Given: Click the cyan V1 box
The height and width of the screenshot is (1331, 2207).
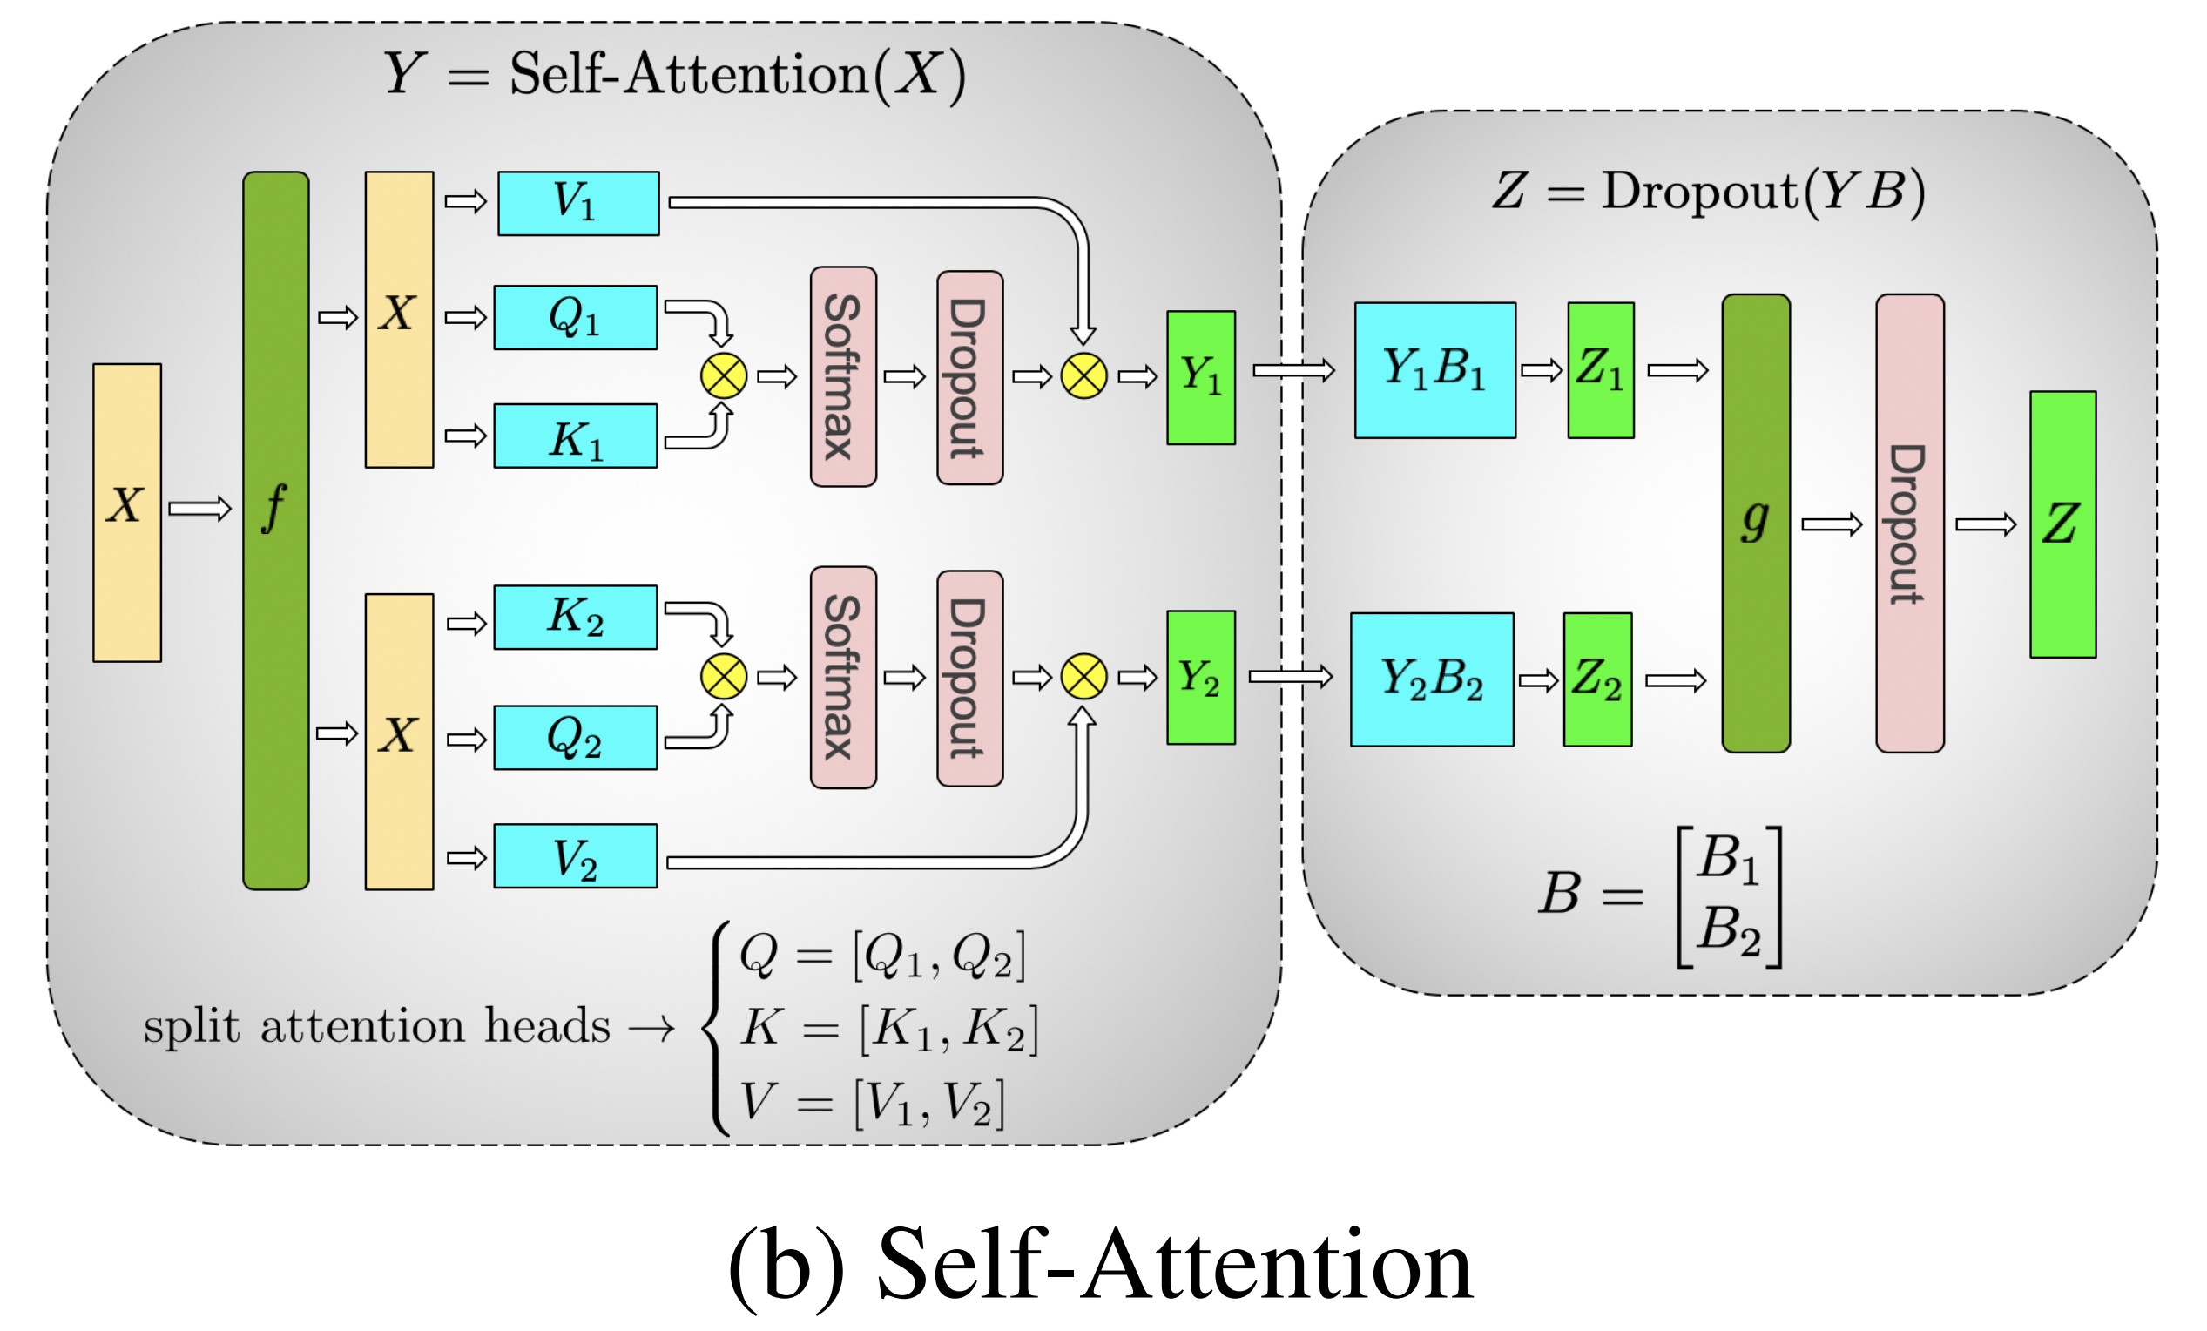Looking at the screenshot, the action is pos(578,203).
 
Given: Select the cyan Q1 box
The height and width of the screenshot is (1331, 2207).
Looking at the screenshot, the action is pos(575,317).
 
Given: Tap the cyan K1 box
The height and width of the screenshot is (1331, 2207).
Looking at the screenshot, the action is pos(575,436).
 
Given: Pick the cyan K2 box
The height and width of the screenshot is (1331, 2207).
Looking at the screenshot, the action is pos(575,617).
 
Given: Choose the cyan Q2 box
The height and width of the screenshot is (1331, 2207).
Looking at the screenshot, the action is pos(575,737).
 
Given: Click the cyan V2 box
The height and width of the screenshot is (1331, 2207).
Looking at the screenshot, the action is pos(575,856).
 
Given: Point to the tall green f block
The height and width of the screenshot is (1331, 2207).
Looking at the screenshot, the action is pos(276,530).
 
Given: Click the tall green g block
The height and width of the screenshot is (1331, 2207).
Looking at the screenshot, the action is pos(1757,524).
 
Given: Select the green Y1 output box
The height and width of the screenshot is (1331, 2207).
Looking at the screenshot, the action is pos(1201,377).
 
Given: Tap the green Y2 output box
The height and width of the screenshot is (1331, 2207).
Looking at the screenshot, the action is pos(1201,677).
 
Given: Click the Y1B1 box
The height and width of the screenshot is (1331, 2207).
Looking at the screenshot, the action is pos(1435,370).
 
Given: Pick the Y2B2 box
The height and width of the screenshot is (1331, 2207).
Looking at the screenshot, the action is pos(1432,679).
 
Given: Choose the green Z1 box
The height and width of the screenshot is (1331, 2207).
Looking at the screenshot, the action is pos(1601,370).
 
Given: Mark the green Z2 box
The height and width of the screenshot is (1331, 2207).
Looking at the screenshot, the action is pos(1598,679).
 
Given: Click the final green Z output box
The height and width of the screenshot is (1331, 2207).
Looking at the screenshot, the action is pos(2062,524).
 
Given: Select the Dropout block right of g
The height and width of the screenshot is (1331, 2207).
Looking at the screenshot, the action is pos(1911,524).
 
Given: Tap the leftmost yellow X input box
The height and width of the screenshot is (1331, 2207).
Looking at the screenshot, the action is pos(127,512).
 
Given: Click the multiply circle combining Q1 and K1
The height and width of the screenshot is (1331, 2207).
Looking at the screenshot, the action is pos(724,376).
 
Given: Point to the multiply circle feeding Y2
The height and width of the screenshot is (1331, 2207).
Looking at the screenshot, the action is pos(1083,676).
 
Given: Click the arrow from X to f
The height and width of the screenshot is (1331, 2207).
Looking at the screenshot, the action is pos(200,509).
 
